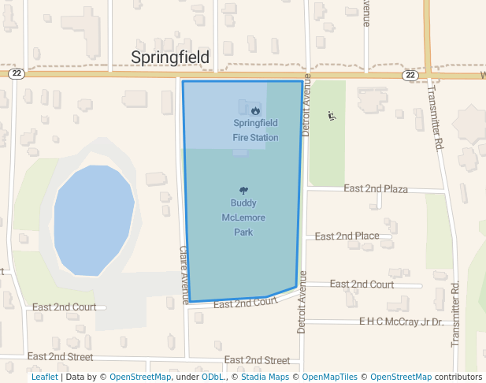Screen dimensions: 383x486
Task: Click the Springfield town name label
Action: [170, 58]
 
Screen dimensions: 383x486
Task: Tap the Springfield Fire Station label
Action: [255, 130]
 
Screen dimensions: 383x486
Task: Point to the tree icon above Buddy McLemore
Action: [243, 190]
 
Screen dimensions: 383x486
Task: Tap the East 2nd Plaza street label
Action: [376, 189]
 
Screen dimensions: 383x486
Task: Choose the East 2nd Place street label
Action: [347, 236]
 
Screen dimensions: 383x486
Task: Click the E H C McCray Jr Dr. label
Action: [401, 322]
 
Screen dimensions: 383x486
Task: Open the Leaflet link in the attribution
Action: [44, 377]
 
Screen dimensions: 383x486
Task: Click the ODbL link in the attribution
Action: [213, 377]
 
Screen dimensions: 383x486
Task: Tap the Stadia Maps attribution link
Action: [264, 377]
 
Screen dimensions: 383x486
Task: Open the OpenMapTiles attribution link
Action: [329, 377]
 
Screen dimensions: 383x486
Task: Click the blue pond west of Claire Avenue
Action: [93, 219]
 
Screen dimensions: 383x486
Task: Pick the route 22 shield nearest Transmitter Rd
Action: [410, 75]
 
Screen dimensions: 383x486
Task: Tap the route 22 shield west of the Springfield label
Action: [17, 73]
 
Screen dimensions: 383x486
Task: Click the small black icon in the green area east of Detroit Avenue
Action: [332, 116]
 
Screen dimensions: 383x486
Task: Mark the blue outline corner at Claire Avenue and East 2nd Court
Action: [190, 302]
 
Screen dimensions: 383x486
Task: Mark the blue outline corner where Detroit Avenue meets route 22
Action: [302, 81]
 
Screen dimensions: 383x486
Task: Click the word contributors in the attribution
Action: [458, 377]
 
